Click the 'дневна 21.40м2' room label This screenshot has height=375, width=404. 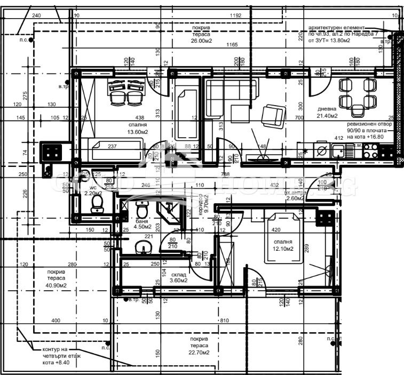(x=327, y=111)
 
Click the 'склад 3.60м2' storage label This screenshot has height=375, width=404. (x=178, y=276)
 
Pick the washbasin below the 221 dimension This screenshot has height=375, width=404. (x=142, y=248)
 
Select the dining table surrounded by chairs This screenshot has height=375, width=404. (x=357, y=93)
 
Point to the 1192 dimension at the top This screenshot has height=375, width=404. (x=235, y=15)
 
